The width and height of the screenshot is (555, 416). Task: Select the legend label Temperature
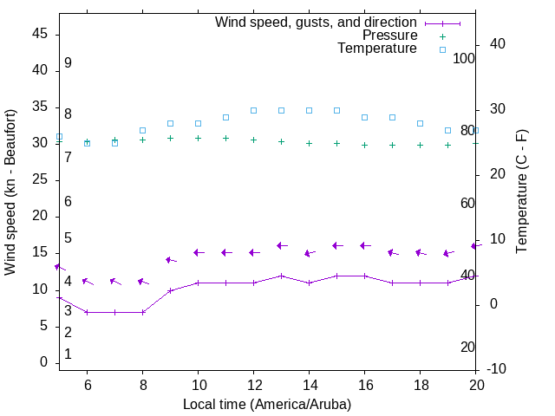[377, 49]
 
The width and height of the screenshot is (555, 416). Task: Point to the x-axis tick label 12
[253, 385]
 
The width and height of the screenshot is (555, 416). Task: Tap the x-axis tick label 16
[364, 385]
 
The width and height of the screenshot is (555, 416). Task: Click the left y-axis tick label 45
[39, 34]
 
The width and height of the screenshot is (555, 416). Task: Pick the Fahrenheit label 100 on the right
[464, 58]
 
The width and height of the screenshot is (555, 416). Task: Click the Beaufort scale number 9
[68, 63]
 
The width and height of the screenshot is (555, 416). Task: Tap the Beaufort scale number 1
[68, 354]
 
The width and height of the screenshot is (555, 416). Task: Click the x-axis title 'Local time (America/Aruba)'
[267, 404]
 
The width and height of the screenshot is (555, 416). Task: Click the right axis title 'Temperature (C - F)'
[521, 192]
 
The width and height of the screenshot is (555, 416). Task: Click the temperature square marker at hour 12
[253, 110]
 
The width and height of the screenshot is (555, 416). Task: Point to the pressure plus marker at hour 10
[198, 138]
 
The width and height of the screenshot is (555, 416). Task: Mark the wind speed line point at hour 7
[114, 312]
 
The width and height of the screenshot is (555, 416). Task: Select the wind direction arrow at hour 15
[338, 245]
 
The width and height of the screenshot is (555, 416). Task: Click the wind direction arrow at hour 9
[171, 260]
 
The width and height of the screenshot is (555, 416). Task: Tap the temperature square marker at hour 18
[420, 123]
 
